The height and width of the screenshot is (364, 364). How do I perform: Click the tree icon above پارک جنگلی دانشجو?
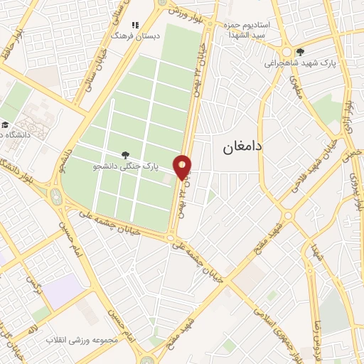tap(126, 154)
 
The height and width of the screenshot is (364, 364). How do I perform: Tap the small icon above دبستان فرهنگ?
tap(135, 25)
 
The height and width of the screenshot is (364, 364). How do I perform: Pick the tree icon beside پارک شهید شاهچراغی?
tap(300, 51)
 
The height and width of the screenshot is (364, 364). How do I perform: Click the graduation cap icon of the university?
tap(5, 125)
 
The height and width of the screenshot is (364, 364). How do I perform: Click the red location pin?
tap(183, 166)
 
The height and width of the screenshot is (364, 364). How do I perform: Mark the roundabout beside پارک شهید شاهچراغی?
tap(287, 52)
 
